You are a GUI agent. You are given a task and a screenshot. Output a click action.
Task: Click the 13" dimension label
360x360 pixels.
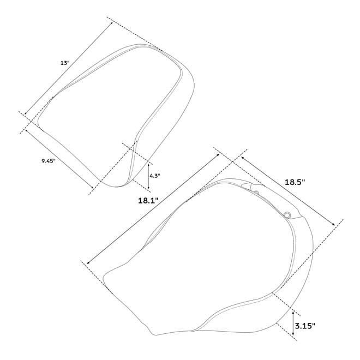coord(64,63)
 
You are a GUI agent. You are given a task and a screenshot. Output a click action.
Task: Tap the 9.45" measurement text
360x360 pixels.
coord(49,161)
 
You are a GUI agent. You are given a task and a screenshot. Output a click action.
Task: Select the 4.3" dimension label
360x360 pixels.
coord(155,176)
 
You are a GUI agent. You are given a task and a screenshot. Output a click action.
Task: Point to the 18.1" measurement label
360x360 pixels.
coord(148,201)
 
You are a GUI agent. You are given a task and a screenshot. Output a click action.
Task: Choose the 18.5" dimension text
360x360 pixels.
coord(295,182)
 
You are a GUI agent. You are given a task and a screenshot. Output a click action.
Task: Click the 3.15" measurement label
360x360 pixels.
coord(305,326)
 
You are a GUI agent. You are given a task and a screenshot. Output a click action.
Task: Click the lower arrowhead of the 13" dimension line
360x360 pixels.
coord(26,113)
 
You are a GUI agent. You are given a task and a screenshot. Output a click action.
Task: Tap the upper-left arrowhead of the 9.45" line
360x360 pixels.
coord(26,130)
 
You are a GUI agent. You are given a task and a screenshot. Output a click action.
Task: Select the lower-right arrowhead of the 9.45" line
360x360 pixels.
coord(93,187)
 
